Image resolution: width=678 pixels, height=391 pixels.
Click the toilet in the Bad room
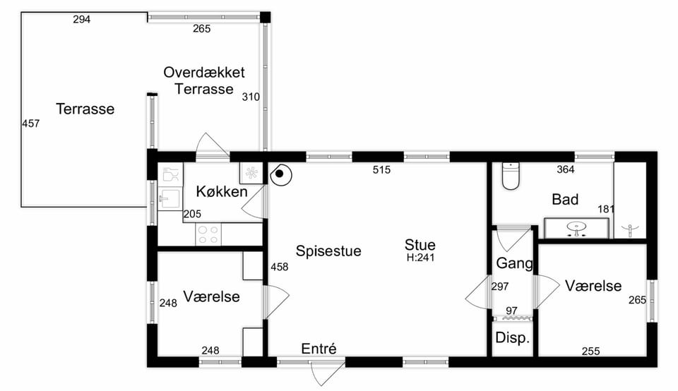[x=511, y=176]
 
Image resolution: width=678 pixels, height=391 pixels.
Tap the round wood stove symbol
[x=280, y=174]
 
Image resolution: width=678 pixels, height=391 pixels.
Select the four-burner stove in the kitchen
[x=208, y=234]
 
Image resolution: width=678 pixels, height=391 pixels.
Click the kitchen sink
[x=170, y=199]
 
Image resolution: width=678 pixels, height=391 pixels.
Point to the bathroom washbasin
[x=576, y=228]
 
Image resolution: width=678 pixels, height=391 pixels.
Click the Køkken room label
[x=221, y=191]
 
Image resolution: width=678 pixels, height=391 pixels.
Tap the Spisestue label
[x=328, y=251]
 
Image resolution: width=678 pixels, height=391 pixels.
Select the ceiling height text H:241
[x=420, y=258]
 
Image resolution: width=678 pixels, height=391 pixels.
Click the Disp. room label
[x=513, y=338]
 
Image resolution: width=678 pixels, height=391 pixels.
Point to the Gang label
[x=515, y=263]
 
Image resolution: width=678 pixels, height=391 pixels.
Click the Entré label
[x=319, y=348]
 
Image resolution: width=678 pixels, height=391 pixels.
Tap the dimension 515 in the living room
[x=381, y=170]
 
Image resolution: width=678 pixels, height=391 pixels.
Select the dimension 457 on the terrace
[x=30, y=124]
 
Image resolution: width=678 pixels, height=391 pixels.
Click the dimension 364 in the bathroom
[x=566, y=170]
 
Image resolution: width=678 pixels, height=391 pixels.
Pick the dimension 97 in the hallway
[x=511, y=311]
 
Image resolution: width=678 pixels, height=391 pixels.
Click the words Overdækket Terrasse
[x=204, y=80]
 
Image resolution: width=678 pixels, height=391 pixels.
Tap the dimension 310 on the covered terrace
[x=251, y=97]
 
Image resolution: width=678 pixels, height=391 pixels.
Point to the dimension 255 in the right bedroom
[x=590, y=351]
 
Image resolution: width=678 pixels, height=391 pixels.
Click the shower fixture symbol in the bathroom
[x=631, y=229]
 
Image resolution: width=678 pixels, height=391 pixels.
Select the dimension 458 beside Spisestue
[x=280, y=267]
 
